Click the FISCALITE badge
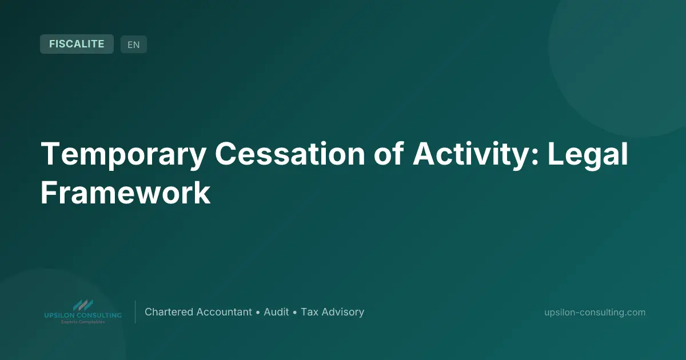[77, 44]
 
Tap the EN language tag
[133, 45]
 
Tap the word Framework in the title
[125, 193]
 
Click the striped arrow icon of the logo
[83, 306]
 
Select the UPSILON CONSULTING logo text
[83, 315]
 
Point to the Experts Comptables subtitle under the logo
[83, 322]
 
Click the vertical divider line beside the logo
[135, 312]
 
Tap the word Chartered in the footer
[169, 312]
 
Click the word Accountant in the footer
[224, 312]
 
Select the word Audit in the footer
[276, 312]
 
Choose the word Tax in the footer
[309, 312]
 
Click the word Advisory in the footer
[342, 312]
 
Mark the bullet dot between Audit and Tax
[295, 313]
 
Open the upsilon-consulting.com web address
[595, 312]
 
